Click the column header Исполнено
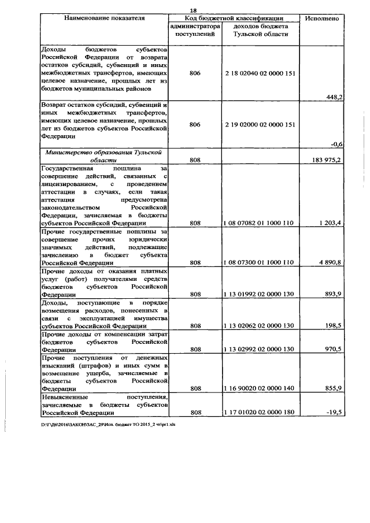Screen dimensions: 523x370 coord(324,18)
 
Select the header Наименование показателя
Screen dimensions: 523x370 coord(104,18)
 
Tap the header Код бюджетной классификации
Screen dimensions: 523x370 coord(235,18)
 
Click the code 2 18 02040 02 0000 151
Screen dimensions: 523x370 coord(260,74)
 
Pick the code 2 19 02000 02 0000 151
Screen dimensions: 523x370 coord(260,124)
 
